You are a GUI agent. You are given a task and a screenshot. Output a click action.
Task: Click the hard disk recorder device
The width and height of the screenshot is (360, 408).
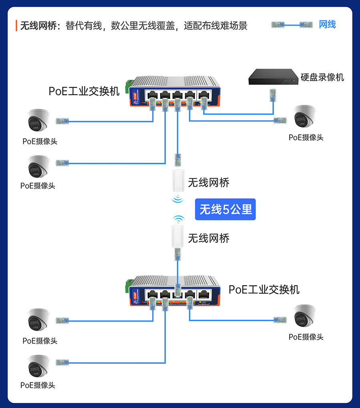273,77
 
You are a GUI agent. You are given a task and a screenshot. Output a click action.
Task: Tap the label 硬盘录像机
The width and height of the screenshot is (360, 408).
322,77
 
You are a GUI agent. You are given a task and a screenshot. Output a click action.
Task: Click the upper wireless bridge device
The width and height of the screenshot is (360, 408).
178,181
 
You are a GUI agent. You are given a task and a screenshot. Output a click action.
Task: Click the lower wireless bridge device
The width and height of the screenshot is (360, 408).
178,236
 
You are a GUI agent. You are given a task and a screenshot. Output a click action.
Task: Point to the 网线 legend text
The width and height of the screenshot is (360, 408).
327,24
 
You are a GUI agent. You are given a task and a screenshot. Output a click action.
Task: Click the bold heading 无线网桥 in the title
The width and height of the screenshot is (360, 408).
37,26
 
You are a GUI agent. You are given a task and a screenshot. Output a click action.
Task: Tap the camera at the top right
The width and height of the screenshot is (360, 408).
305,116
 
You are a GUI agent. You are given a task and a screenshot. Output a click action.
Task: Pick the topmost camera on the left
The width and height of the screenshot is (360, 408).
39,120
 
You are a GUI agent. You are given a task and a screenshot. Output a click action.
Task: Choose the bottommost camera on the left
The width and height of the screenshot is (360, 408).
39,365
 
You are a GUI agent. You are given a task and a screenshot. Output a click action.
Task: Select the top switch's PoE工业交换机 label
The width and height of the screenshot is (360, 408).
84,91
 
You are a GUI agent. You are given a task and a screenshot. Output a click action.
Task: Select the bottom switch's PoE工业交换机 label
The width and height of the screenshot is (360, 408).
264,290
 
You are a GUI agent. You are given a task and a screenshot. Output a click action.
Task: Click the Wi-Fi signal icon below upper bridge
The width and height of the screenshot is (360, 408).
178,198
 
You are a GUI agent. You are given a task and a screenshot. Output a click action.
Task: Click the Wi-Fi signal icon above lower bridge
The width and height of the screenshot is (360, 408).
178,219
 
